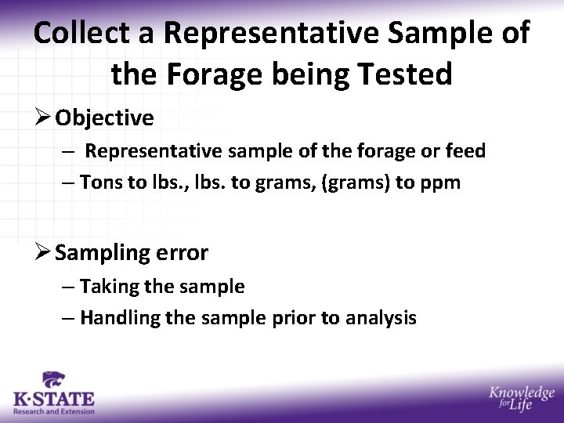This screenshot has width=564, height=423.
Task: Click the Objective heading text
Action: pos(104,118)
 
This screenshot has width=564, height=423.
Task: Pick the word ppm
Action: pos(441,183)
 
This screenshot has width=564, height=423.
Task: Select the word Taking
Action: pos(107,287)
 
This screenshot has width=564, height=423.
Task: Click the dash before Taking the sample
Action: pos(68,287)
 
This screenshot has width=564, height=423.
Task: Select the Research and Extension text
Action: pos(53,411)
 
